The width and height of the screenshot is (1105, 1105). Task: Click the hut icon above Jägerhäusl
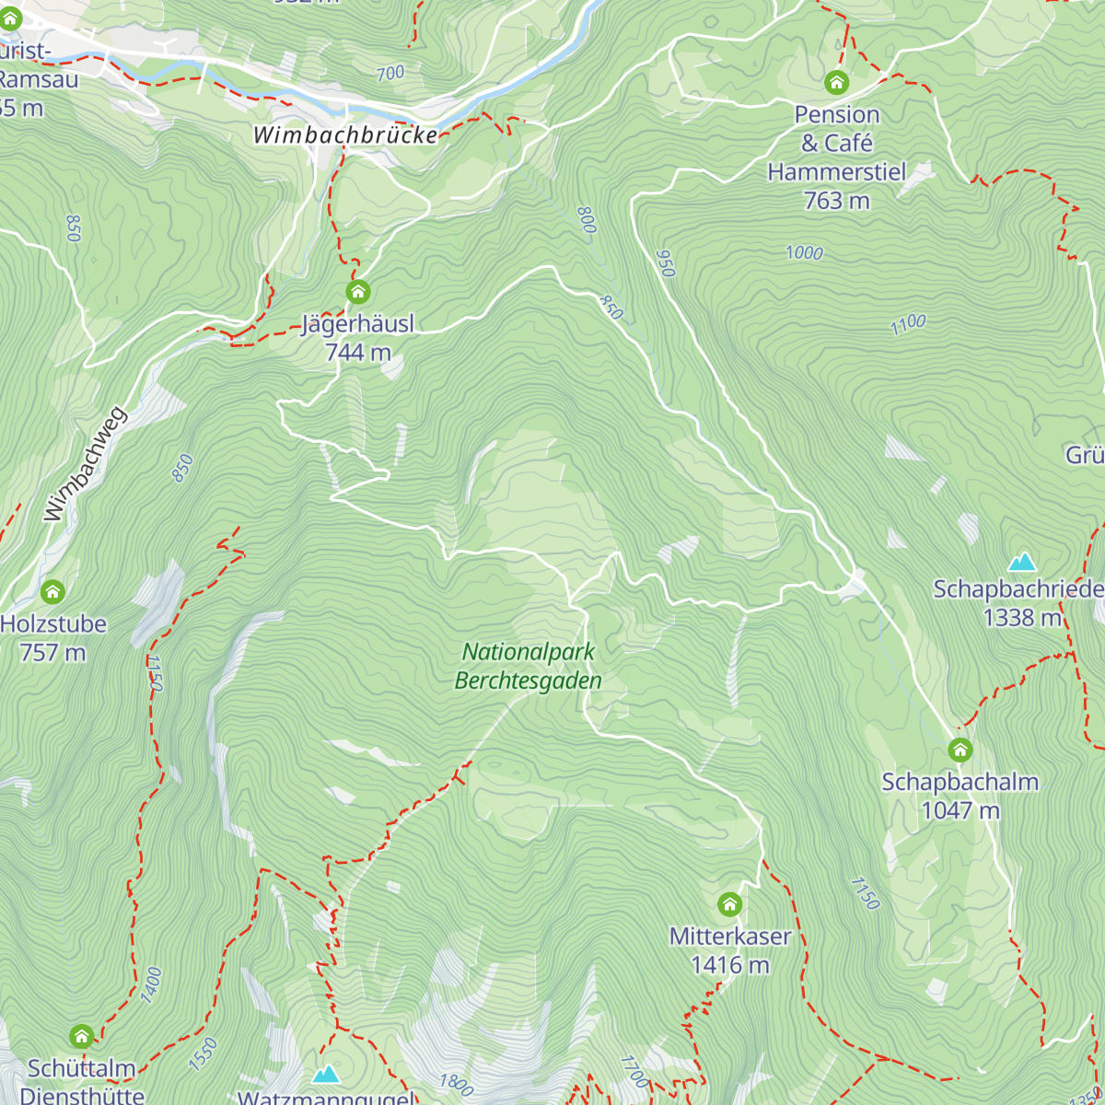point(358,293)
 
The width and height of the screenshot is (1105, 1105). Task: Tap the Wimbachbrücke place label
point(345,135)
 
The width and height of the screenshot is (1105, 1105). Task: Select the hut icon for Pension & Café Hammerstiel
point(836,83)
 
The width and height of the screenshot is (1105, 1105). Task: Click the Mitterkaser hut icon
point(729,904)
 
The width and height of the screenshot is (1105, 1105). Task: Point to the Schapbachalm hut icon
point(960,750)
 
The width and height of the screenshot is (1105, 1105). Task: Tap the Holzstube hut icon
point(52,591)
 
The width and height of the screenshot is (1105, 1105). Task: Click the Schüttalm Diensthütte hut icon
point(82,1037)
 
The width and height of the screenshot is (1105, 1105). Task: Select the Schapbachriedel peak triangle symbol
point(1022,562)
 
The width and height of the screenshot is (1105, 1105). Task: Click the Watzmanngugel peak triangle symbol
point(325,1075)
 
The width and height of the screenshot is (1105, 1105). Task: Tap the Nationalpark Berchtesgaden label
point(529,667)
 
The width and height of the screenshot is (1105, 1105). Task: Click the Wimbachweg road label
point(85,464)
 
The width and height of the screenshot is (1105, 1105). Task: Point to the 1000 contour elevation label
point(804,253)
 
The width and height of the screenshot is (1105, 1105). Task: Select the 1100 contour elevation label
point(908,324)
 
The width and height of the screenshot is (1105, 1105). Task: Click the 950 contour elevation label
point(666,263)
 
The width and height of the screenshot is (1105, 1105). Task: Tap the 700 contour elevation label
point(390,74)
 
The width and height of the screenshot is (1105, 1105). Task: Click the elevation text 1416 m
point(730,965)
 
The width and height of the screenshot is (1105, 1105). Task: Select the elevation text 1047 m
point(960,810)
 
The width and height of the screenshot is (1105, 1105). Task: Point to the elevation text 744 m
point(358,353)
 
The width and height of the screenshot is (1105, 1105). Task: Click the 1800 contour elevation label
point(456,1084)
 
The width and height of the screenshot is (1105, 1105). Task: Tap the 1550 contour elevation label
point(204,1053)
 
